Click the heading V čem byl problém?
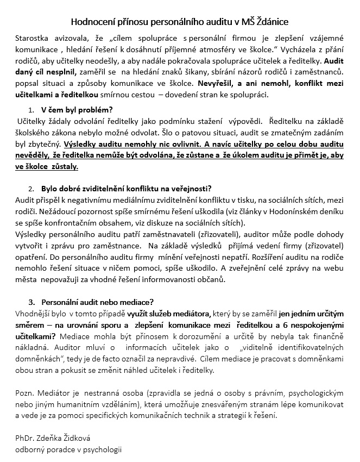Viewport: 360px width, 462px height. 77,110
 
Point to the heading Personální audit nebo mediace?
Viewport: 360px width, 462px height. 98,302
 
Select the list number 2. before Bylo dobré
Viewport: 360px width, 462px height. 31,189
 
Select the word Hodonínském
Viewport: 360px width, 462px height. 286,213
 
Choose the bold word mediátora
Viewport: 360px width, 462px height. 190,314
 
